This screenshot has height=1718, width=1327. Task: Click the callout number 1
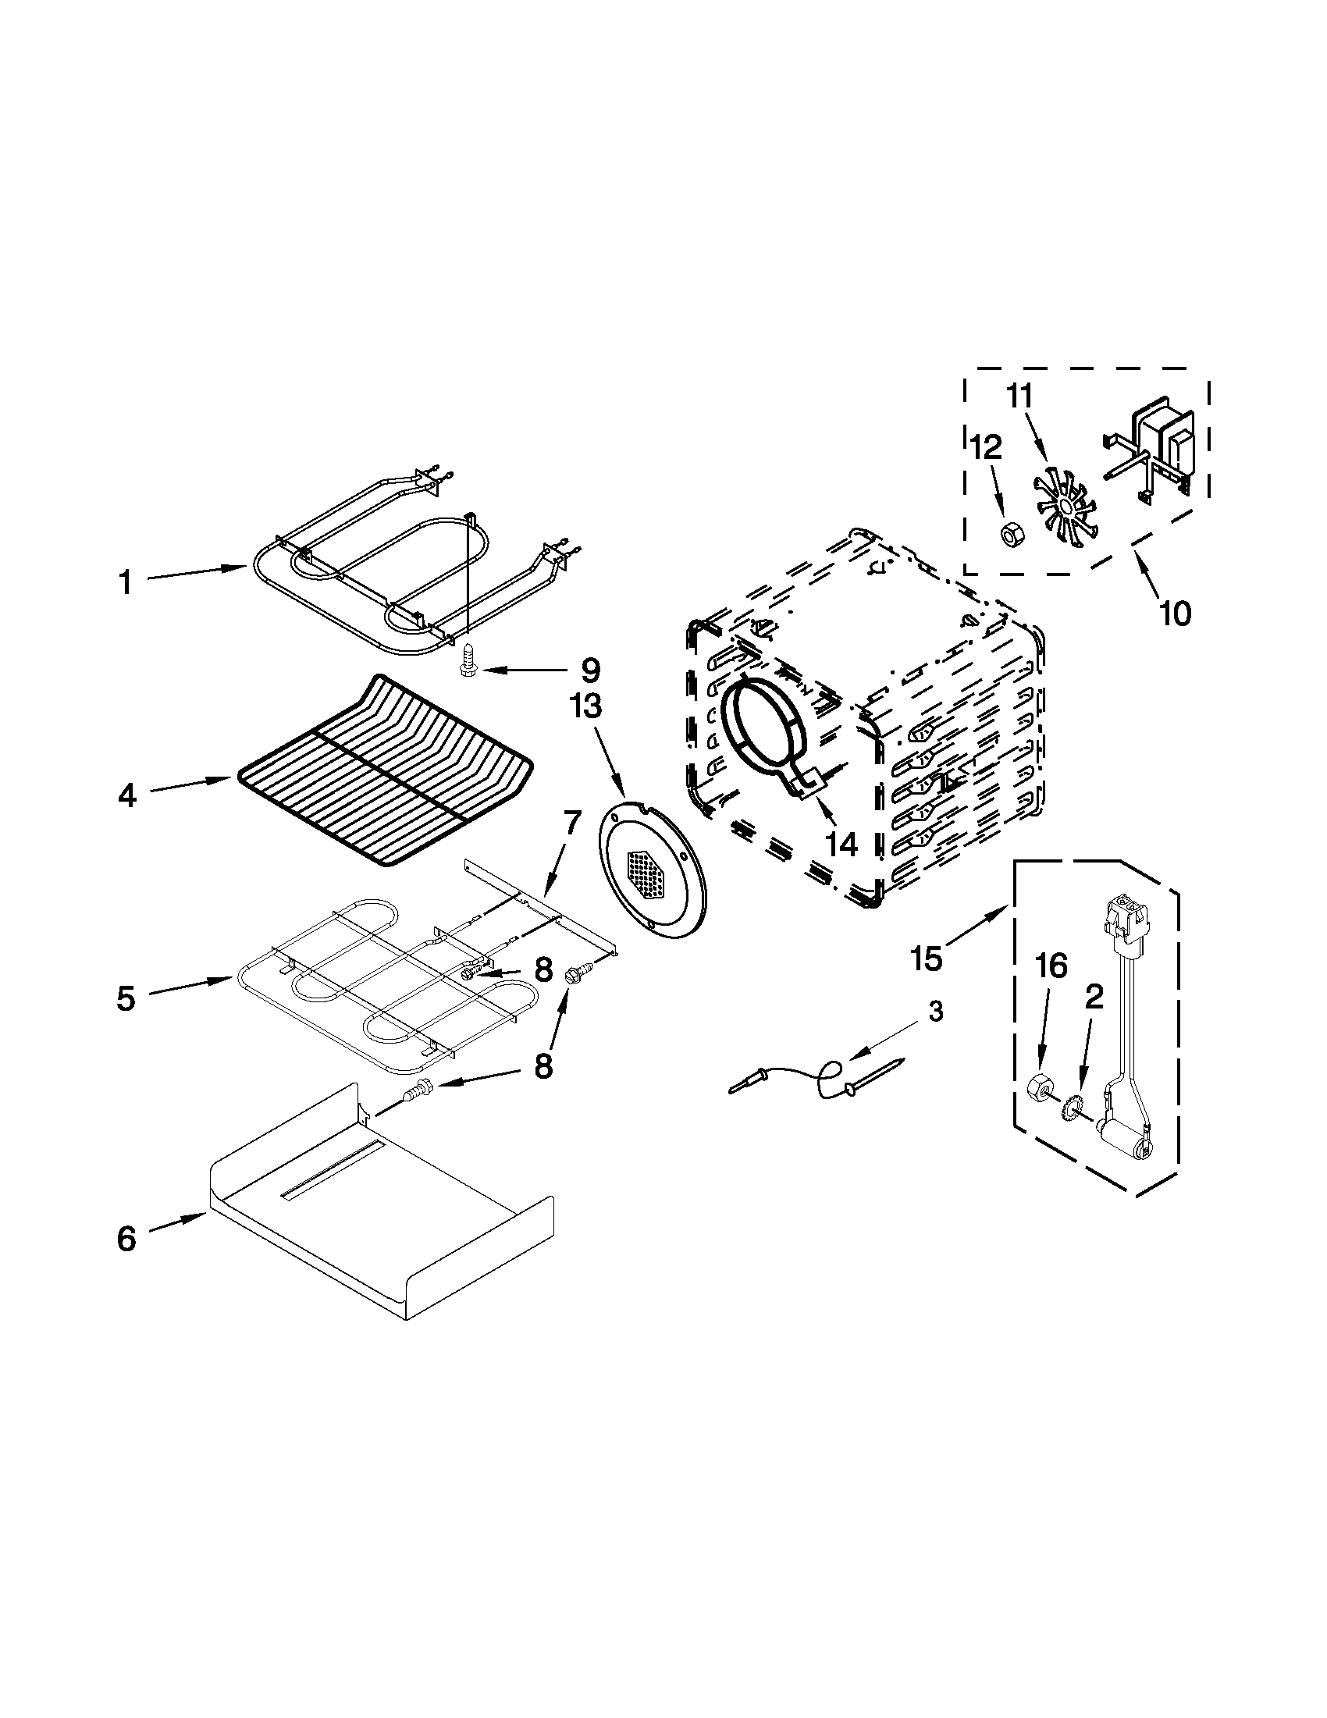click(x=126, y=583)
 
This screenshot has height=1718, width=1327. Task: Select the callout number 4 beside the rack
click(x=126, y=796)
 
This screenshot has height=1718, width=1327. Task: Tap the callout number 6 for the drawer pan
click(x=126, y=1239)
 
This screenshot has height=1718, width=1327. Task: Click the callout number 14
click(x=840, y=844)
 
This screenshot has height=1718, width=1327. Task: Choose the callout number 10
click(x=1176, y=613)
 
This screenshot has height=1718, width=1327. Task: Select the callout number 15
click(x=926, y=959)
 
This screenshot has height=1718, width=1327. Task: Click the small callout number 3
click(x=934, y=1012)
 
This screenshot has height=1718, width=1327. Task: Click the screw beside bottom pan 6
click(x=413, y=1093)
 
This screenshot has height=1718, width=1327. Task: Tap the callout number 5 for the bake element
click(x=126, y=998)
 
